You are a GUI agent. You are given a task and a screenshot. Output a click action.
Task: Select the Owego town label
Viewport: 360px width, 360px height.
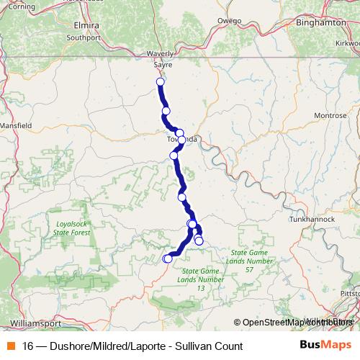(x=231, y=21)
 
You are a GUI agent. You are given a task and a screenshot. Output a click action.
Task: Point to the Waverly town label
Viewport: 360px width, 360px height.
(x=161, y=53)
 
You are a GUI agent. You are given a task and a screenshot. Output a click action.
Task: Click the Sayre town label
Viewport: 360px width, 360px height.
(x=162, y=63)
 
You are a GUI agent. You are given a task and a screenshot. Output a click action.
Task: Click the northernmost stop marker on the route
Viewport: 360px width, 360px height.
(x=160, y=82)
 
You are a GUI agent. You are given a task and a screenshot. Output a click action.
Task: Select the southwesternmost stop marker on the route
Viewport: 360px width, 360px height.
(x=167, y=258)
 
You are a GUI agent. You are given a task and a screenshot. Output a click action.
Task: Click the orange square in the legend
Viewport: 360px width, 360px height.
(x=9, y=346)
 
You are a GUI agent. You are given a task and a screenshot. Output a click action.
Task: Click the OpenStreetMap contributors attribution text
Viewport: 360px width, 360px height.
(x=296, y=323)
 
